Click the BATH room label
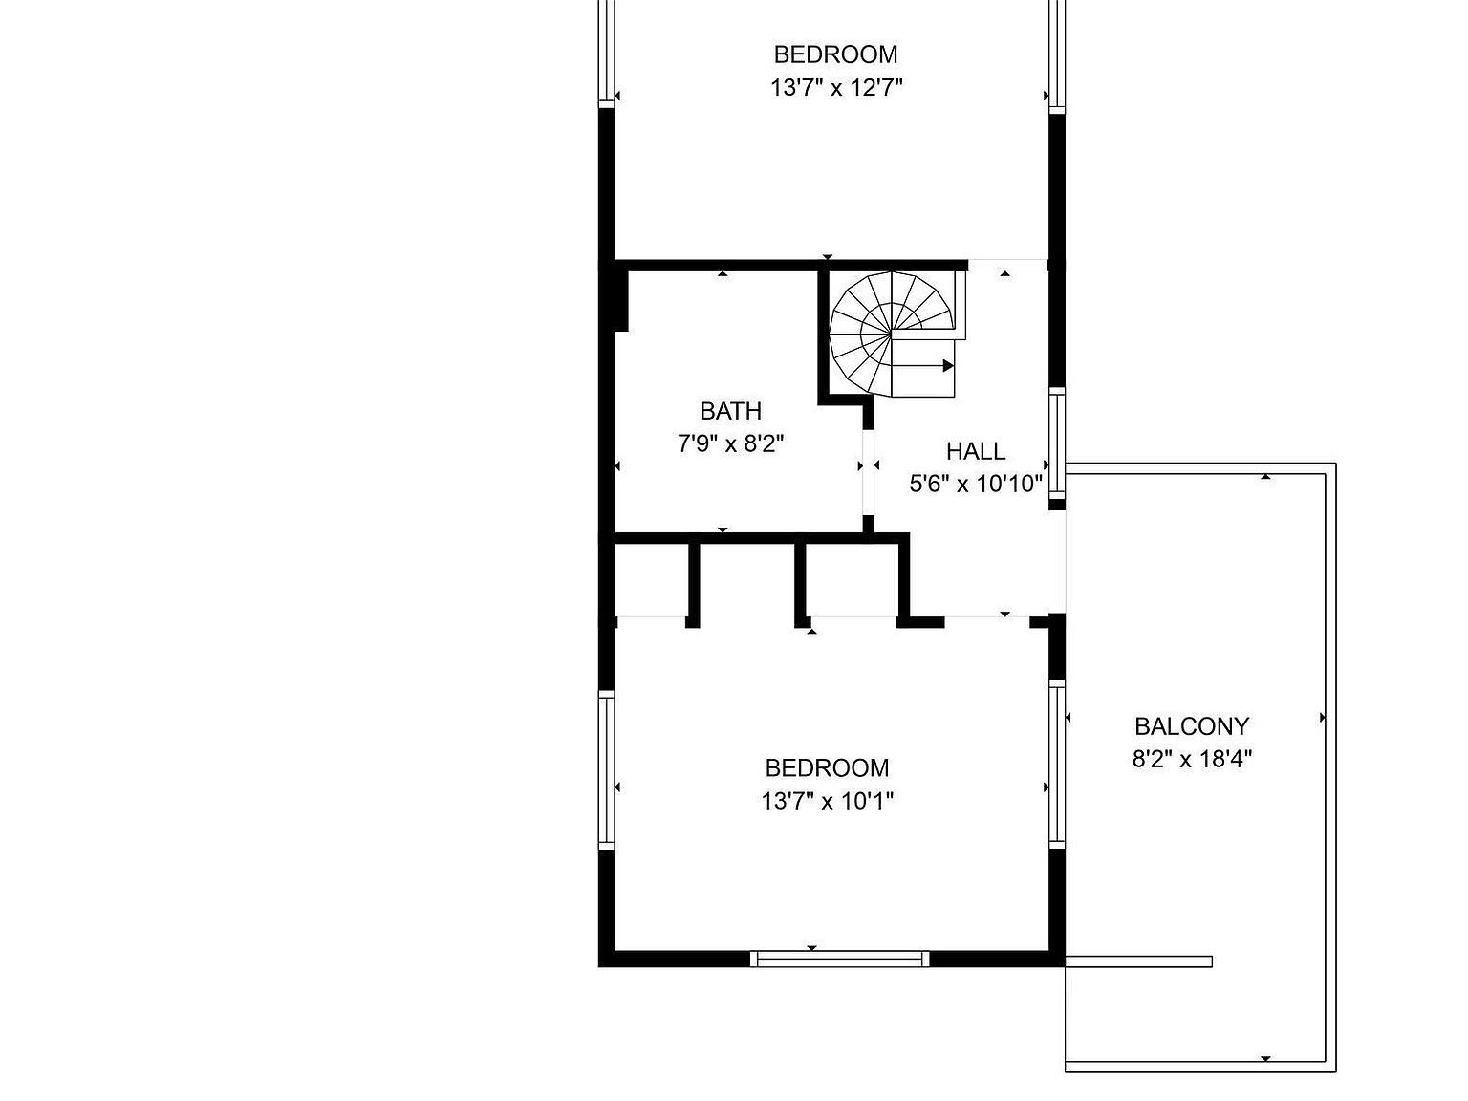(x=731, y=411)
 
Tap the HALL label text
(x=976, y=451)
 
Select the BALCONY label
(x=1192, y=726)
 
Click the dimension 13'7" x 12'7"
(x=836, y=88)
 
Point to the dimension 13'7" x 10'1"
(x=828, y=801)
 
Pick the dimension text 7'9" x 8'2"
(x=731, y=443)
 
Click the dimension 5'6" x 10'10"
(x=976, y=484)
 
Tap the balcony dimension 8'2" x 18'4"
(x=1192, y=760)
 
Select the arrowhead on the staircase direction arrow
(x=948, y=366)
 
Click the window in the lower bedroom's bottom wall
(x=839, y=959)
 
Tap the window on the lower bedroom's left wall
(x=607, y=770)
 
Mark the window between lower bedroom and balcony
(x=1057, y=763)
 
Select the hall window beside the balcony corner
(x=1057, y=443)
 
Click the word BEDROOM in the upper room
(x=836, y=54)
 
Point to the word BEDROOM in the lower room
(x=828, y=767)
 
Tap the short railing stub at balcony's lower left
(x=1139, y=961)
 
